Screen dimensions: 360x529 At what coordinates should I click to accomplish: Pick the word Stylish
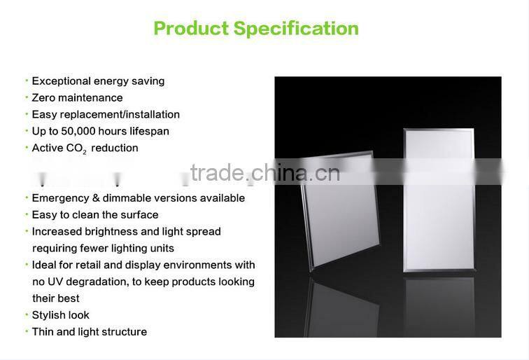click(50, 315)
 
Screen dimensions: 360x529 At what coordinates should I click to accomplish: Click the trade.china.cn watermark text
click(264, 172)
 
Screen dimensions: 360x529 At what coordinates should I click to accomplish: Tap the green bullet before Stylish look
click(27, 315)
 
